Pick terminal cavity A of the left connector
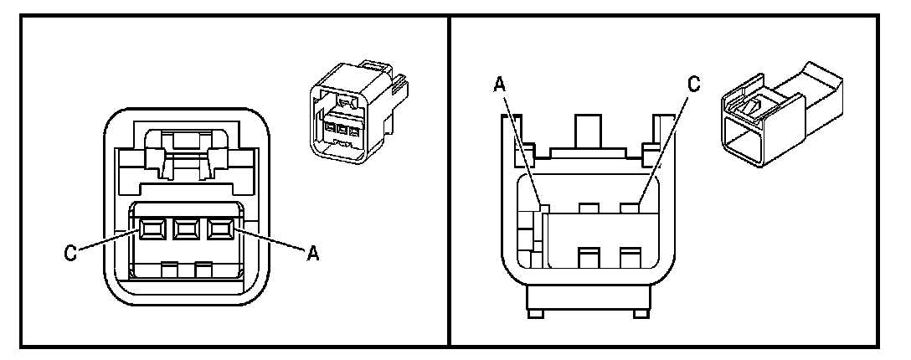[x=220, y=228]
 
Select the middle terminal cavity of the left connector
[x=187, y=228]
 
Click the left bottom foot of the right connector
[x=533, y=313]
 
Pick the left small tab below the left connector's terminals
[x=168, y=270]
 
